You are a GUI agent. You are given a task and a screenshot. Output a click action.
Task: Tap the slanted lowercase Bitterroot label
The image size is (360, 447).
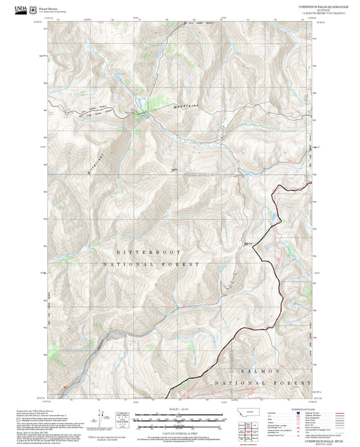click(x=96, y=162)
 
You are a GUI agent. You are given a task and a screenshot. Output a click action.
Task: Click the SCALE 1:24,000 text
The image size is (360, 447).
click(x=178, y=409)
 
